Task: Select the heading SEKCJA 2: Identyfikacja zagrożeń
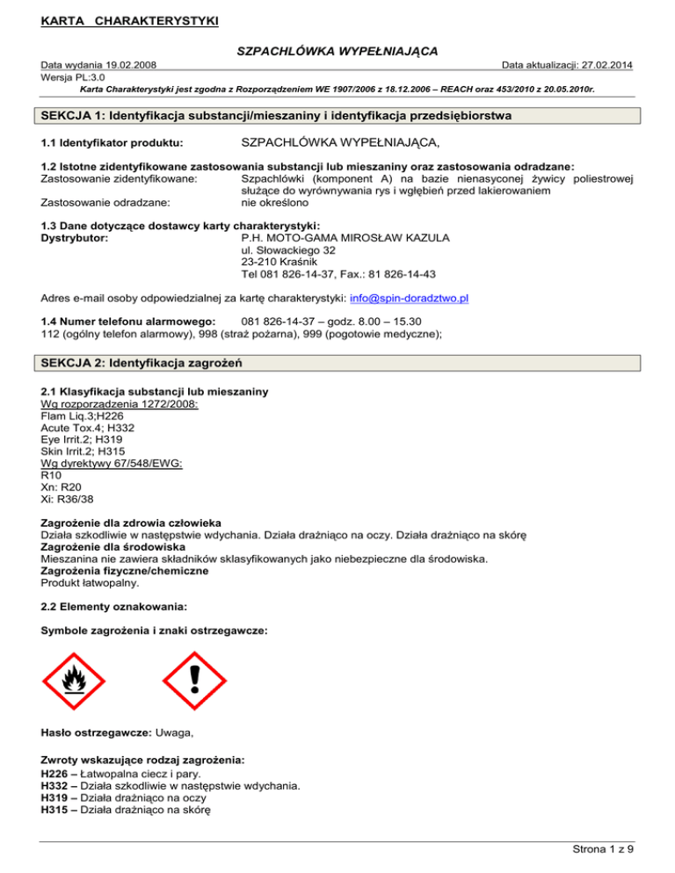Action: coord(162,363)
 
